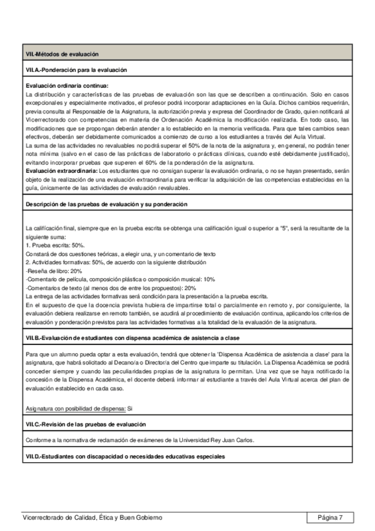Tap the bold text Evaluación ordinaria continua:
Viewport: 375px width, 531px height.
pos(67,86)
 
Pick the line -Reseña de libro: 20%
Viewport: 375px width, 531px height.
pos(54,271)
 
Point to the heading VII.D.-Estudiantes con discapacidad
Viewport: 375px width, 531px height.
pos(124,456)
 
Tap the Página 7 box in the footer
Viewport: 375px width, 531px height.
pos(330,517)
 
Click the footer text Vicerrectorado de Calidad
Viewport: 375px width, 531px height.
pos(91,517)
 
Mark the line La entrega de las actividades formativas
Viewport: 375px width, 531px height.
pos(146,296)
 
